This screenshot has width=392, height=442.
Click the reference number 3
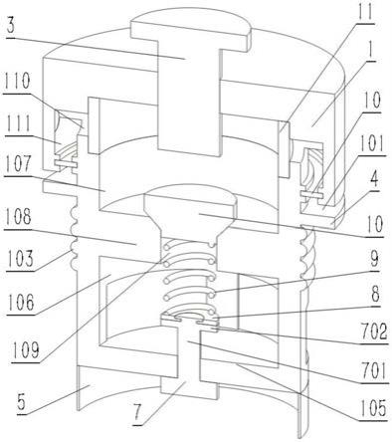click(11, 26)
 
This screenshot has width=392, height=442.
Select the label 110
click(18, 82)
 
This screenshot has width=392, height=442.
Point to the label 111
click(17, 123)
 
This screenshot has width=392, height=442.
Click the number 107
click(17, 165)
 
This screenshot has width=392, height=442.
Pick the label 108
click(19, 218)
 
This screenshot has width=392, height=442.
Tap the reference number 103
click(20, 259)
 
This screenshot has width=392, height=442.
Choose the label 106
click(21, 302)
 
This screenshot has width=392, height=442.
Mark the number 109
click(25, 349)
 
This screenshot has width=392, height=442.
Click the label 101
click(371, 144)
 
